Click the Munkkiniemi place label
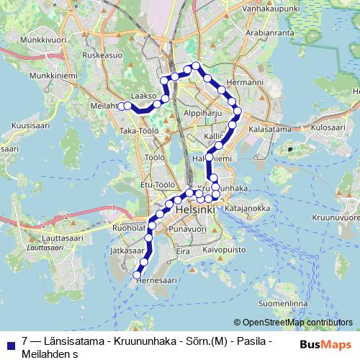[x=48, y=74]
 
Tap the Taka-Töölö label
[x=138, y=131]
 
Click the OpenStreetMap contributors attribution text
[x=293, y=323]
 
